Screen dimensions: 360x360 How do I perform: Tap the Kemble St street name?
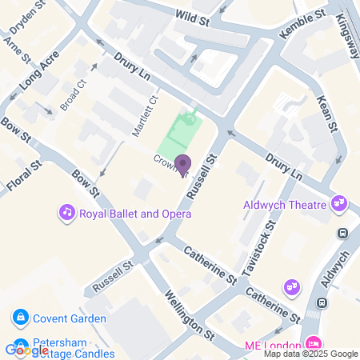[x=302, y=26]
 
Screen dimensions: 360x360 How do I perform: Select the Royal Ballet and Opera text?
[x=134, y=214]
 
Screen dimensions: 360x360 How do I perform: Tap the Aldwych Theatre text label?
[x=286, y=205]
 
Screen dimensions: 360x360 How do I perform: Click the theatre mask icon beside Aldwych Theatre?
[x=340, y=203]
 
